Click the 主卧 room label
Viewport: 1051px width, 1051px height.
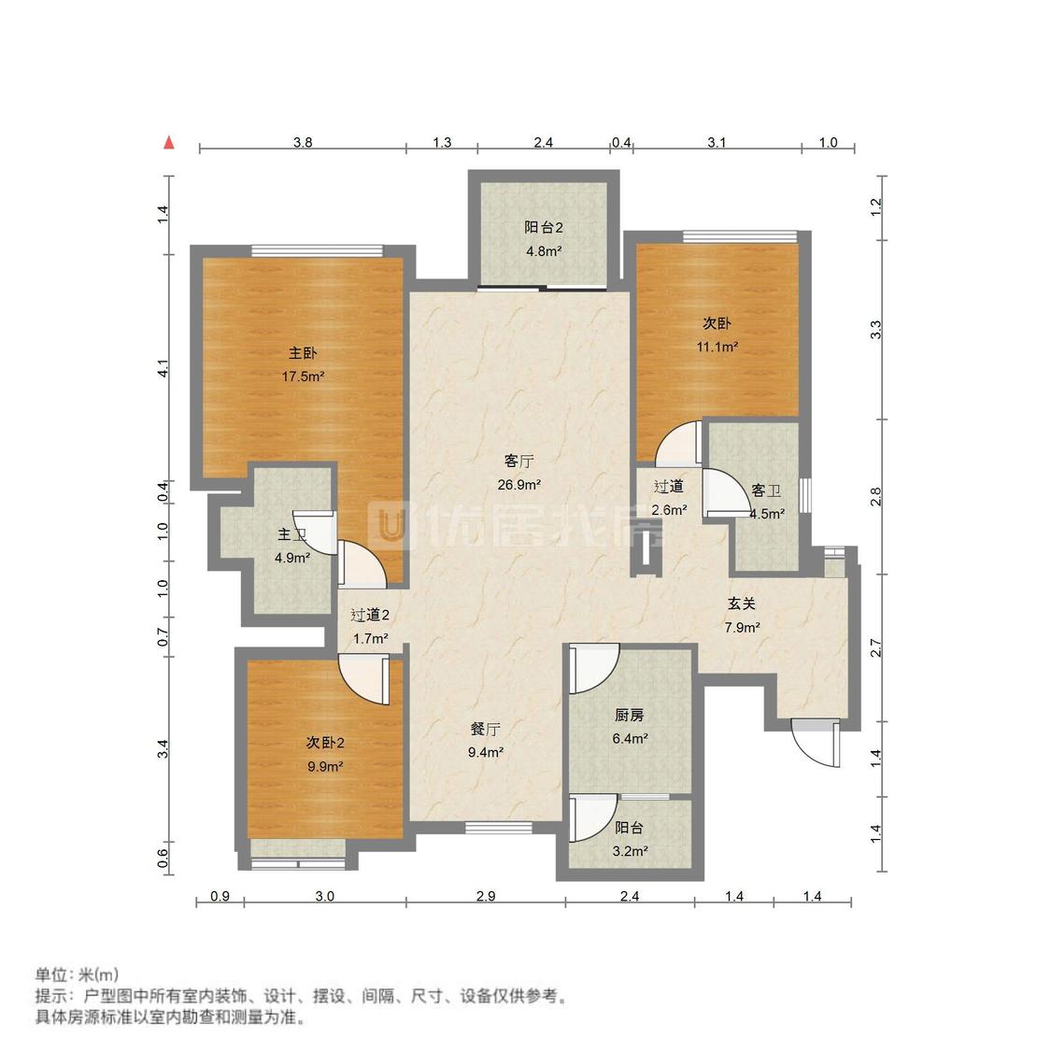click(x=303, y=353)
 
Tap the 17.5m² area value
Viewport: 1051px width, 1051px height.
click(x=303, y=376)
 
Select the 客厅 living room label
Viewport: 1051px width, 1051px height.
click(x=518, y=462)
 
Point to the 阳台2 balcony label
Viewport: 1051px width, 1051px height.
click(x=543, y=227)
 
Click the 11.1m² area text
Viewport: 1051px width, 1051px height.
click(x=717, y=347)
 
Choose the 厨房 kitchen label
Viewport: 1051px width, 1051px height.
click(x=629, y=716)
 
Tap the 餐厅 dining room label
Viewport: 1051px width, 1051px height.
click(x=486, y=729)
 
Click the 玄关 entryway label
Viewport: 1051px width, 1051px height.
click(x=742, y=604)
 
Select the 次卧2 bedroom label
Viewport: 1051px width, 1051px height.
click(x=325, y=743)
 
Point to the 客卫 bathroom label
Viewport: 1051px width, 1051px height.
click(x=766, y=490)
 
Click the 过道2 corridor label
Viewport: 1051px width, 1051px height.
click(x=369, y=615)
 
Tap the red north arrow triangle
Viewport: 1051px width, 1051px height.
click(x=169, y=142)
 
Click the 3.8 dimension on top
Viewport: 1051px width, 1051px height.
click(x=303, y=143)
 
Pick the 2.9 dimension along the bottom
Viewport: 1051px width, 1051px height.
click(x=485, y=896)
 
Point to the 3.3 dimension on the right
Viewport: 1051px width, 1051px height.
click(x=875, y=329)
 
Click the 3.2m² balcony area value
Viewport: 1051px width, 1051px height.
click(x=629, y=851)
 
